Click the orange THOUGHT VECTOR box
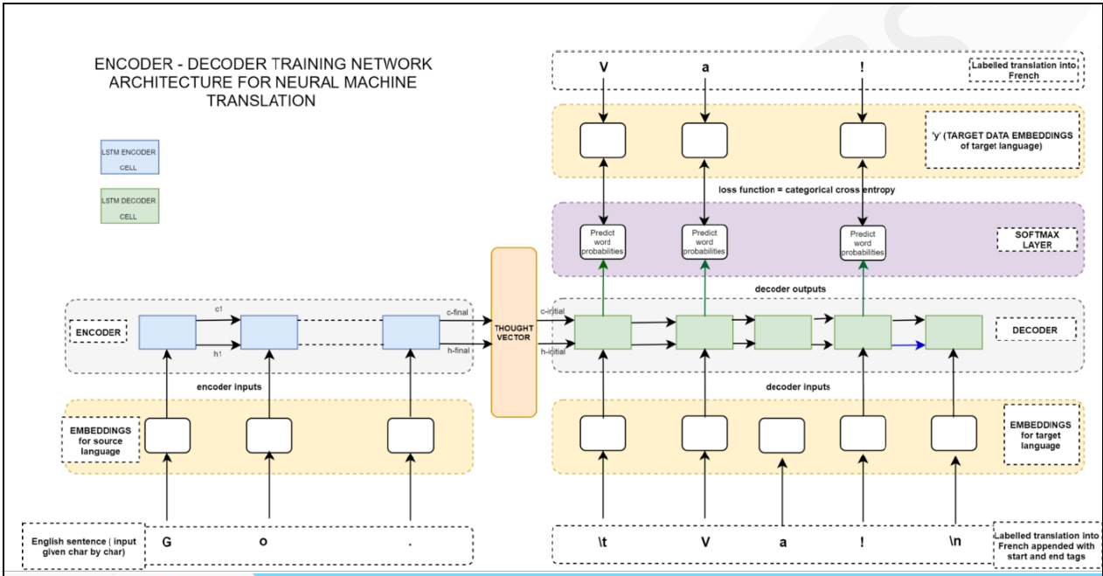pos(513,331)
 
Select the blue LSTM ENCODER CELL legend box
pos(129,157)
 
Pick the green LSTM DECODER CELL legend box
pos(129,205)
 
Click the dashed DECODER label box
pos(1036,330)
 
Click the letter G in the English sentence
pos(166,541)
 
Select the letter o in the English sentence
pos(264,541)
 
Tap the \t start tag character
pos(603,541)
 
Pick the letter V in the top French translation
pos(603,65)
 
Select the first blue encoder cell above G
pos(167,331)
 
